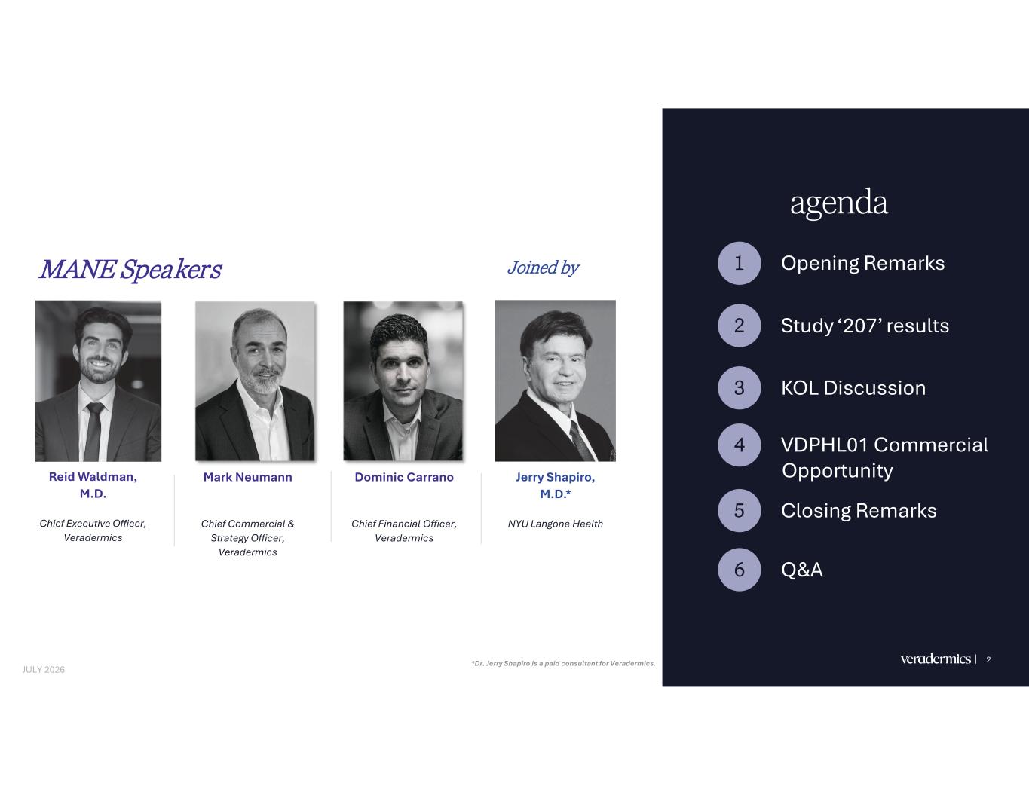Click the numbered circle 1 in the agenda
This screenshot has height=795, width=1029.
pos(740,263)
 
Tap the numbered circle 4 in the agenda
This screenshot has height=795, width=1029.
pos(740,445)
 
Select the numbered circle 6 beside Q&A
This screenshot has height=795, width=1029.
pos(740,569)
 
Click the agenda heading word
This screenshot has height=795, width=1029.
pos(839,203)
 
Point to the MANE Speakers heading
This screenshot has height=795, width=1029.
pos(130,270)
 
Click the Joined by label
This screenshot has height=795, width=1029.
pos(544,268)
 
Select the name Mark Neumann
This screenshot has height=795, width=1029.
pos(248,477)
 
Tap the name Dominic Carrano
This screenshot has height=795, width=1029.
pos(404,477)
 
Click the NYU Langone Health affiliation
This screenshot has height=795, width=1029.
pos(556,524)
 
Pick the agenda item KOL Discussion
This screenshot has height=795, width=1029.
pos(853,388)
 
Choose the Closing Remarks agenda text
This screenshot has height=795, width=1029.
pos(859,511)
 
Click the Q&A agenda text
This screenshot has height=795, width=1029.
pos(802,569)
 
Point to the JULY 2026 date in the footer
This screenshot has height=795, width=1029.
pos(44,670)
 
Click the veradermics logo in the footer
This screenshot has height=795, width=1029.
pos(936,659)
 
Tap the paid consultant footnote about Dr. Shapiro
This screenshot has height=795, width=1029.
pos(564,663)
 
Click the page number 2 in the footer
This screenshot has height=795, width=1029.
pos(988,659)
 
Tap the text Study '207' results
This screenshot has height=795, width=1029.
pos(865,326)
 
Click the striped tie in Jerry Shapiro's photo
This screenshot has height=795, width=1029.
pos(580,441)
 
